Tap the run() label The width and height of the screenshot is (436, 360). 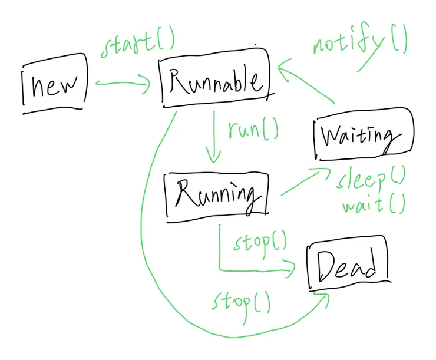click(252, 129)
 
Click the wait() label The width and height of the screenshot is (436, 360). click(373, 204)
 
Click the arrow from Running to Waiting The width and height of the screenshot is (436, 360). click(303, 182)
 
